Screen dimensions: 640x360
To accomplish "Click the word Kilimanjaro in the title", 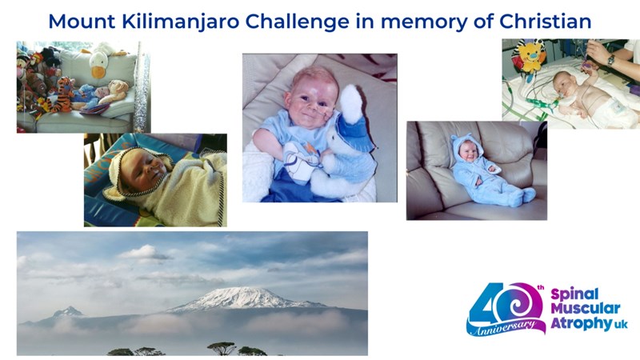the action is click(x=181, y=22).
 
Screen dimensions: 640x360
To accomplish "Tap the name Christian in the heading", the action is click(x=546, y=22).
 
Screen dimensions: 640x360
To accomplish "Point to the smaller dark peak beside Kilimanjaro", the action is click(x=68, y=313).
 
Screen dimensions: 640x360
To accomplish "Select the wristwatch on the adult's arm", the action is click(x=610, y=60).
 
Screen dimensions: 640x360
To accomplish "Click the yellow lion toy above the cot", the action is click(x=529, y=56).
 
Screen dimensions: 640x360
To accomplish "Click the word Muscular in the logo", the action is click(x=586, y=308).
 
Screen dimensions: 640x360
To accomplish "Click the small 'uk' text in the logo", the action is click(x=619, y=325).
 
